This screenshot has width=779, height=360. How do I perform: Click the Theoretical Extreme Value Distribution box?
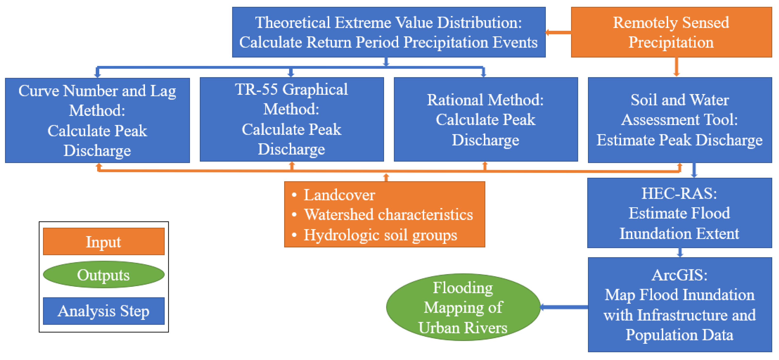389,32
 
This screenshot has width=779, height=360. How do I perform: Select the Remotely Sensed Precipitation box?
671,32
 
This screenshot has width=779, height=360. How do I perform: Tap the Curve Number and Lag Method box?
97,120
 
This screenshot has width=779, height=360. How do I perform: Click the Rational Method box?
485,120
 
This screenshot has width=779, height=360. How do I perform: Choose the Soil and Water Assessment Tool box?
680,120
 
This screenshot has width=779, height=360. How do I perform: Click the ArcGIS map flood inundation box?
680,304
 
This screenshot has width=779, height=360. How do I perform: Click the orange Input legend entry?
104,241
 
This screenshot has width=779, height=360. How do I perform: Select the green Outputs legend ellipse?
104,274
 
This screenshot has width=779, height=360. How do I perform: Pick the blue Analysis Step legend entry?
104,311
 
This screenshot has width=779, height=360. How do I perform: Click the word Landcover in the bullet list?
339,195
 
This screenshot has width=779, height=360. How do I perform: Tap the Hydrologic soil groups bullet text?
380,235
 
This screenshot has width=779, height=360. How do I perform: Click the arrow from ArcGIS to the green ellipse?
564,307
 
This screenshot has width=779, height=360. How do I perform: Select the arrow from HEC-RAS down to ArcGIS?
680,252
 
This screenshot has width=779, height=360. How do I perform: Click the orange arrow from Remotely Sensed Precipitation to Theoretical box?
558,32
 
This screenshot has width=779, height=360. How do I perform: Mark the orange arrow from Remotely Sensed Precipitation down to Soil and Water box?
676,67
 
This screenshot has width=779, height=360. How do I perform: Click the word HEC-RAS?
679,193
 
